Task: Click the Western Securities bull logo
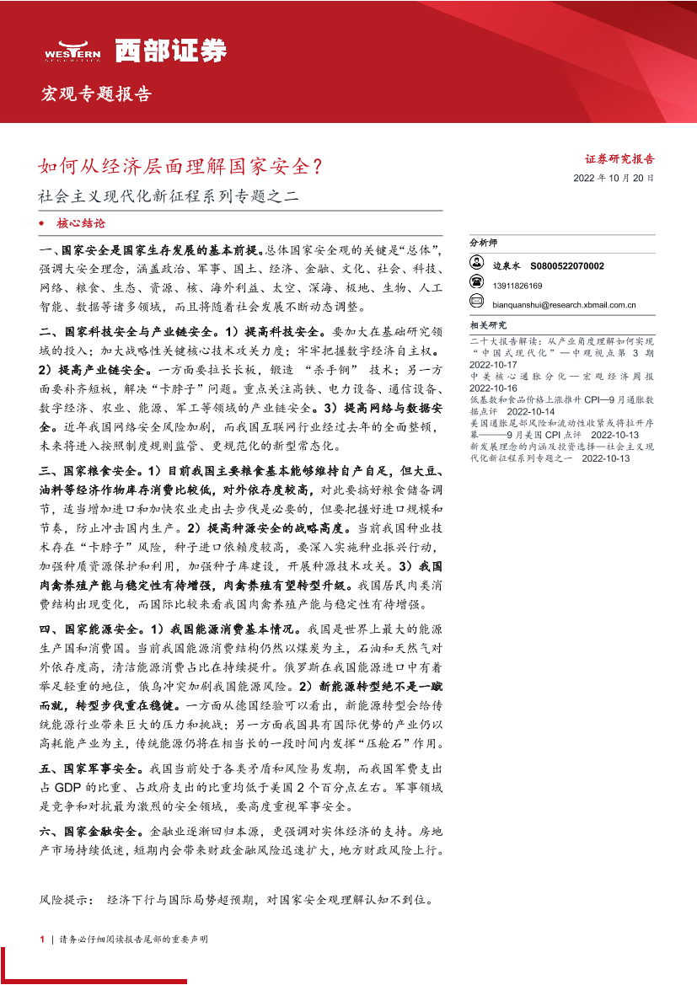(x=72, y=51)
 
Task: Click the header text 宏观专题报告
(x=96, y=94)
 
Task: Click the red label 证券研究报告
(x=619, y=158)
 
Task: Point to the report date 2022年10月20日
(x=614, y=178)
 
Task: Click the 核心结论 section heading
(x=81, y=224)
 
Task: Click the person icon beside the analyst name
(x=476, y=265)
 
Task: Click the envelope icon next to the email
(x=476, y=305)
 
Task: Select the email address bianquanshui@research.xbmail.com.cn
(x=563, y=306)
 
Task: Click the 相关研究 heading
(x=488, y=325)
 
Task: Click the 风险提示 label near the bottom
(x=68, y=900)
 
